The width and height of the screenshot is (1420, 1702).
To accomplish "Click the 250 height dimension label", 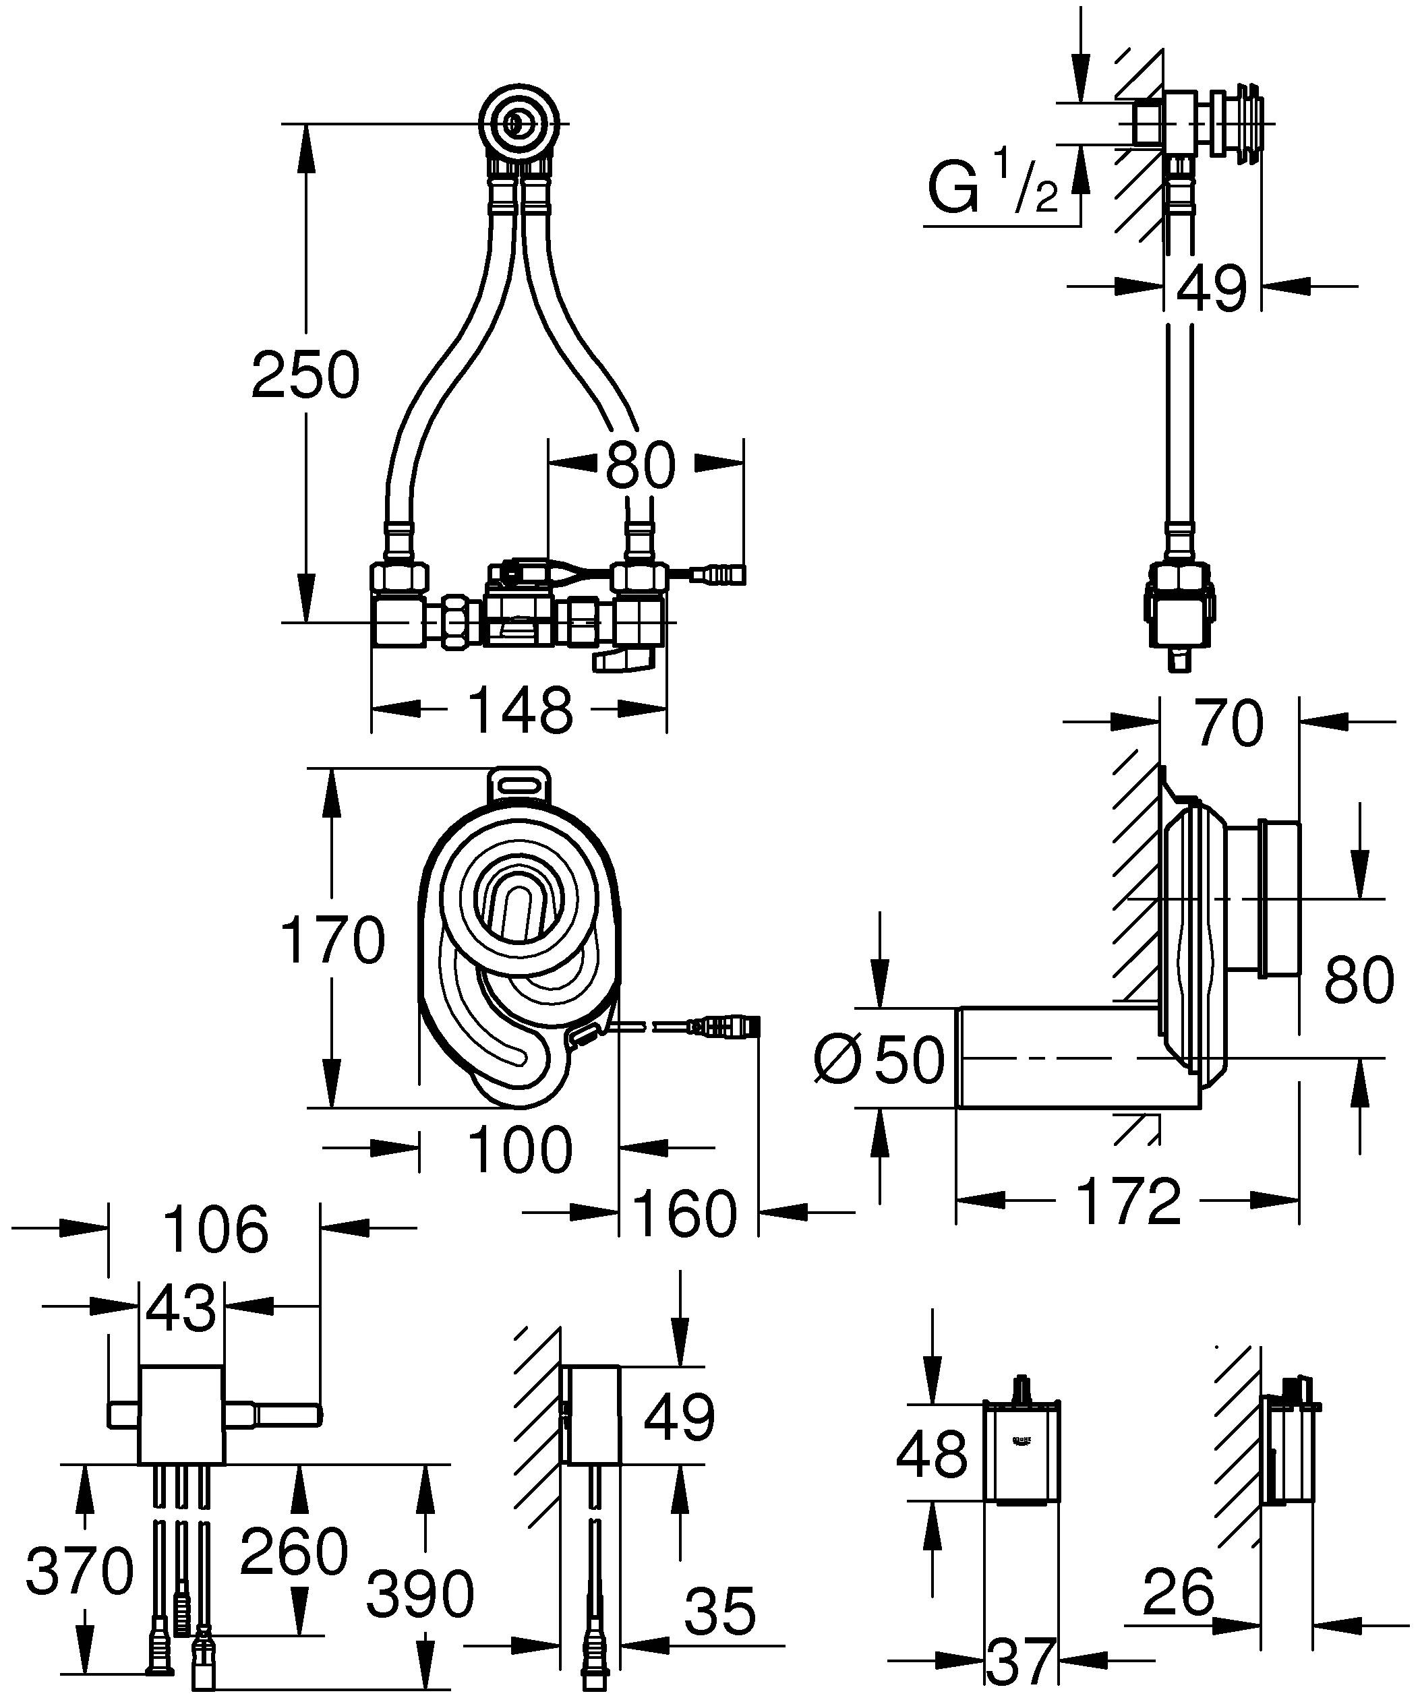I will (x=305, y=375).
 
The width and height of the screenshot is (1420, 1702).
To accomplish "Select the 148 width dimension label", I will (x=521, y=710).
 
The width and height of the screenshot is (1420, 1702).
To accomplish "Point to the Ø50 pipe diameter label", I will (x=880, y=1060).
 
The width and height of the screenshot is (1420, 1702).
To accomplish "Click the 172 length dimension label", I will (x=1128, y=1202).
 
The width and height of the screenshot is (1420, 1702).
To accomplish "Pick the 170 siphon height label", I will (x=332, y=940).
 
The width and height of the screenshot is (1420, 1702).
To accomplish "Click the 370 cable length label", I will (x=80, y=1569).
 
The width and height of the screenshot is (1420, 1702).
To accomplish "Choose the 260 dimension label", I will (x=293, y=1550).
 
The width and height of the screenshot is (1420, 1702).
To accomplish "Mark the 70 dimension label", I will (x=1230, y=723).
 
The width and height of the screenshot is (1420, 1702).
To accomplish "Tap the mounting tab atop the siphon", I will (x=520, y=785).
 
